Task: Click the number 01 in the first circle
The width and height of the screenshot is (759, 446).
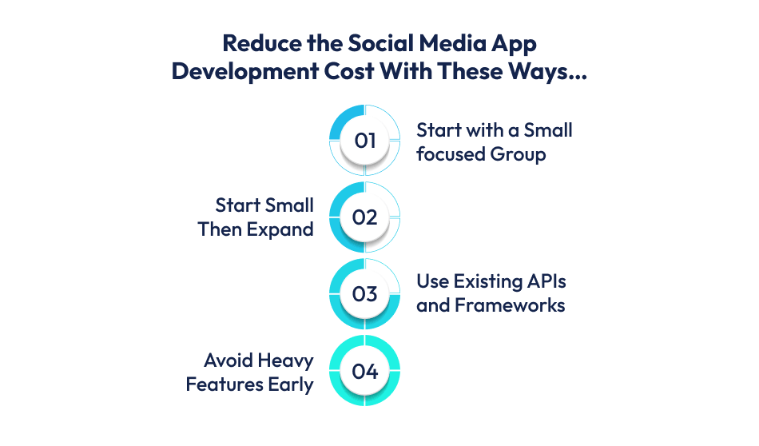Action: [x=364, y=141]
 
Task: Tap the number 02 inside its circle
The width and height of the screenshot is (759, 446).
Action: [x=364, y=217]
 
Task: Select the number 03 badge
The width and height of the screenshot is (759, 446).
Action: [x=364, y=294]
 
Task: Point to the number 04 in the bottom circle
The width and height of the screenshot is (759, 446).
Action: [x=364, y=371]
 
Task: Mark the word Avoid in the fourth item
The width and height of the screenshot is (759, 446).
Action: [x=228, y=360]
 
